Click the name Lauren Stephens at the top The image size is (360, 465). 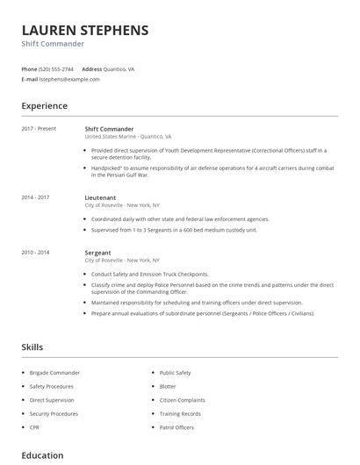(x=85, y=30)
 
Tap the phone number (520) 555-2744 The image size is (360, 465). (x=58, y=68)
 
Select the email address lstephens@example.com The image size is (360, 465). (x=69, y=79)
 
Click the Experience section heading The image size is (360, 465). (x=44, y=106)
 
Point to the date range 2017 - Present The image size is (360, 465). (x=39, y=129)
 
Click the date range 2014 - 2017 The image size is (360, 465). (x=36, y=198)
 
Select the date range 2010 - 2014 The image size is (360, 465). (x=36, y=253)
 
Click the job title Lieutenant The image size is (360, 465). (x=102, y=198)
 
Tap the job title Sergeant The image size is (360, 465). (x=97, y=253)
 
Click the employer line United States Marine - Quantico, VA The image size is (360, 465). (x=127, y=137)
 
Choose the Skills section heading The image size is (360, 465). (x=32, y=347)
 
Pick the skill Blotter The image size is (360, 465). (x=168, y=386)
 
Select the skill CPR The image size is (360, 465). (x=34, y=426)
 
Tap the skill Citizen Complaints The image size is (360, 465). (x=182, y=400)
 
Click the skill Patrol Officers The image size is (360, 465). (x=176, y=426)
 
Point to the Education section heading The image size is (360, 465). (x=42, y=455)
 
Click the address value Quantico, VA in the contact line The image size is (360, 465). (x=119, y=68)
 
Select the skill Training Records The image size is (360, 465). (x=180, y=413)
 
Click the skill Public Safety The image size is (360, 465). (x=175, y=373)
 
